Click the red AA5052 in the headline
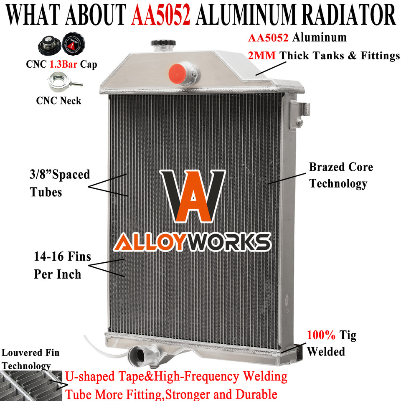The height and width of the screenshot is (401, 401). (x=161, y=16)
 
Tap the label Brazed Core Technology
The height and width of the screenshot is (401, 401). (x=340, y=175)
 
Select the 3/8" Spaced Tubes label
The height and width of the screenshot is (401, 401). (x=59, y=183)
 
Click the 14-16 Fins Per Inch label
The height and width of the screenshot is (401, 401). (x=62, y=265)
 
